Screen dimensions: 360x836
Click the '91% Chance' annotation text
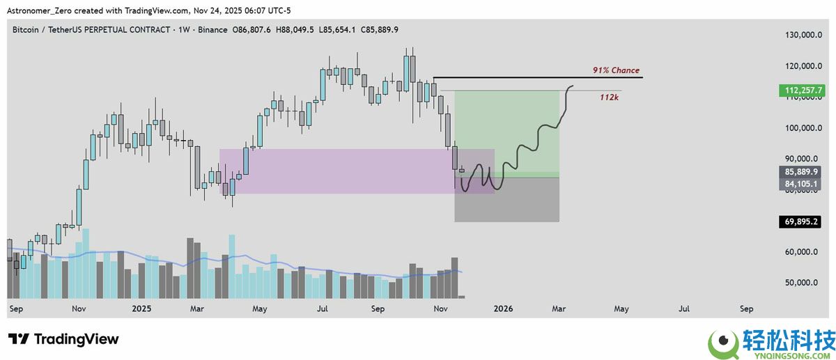616,71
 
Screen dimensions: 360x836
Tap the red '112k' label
610,97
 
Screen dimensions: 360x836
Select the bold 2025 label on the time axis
141,308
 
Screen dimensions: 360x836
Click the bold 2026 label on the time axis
502,308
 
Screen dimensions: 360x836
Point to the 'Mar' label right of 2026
559,308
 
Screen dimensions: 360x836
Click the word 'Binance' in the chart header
212,30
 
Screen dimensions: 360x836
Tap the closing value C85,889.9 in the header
376,30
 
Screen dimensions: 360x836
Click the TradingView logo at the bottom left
64,340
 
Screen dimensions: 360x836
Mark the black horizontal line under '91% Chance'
536,77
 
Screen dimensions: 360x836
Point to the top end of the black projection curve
573,86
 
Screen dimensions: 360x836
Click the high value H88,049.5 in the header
295,30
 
